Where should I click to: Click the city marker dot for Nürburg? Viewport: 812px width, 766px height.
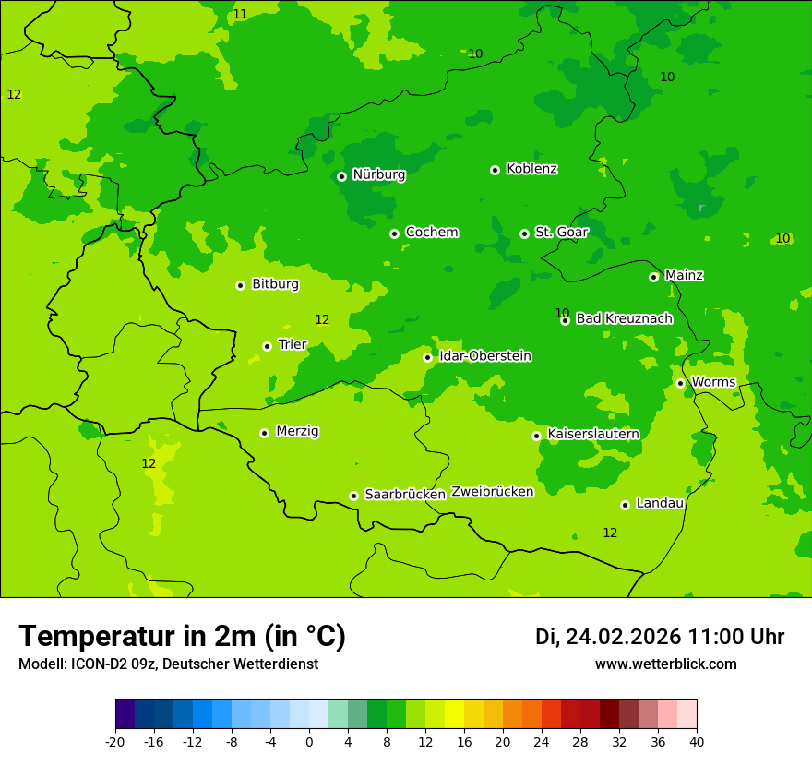point(341,176)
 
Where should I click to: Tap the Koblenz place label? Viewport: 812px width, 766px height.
point(531,169)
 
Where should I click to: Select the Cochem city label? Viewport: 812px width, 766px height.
point(431,233)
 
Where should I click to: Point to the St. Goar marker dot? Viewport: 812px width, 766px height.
point(524,233)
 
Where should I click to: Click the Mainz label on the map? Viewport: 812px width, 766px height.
point(684,275)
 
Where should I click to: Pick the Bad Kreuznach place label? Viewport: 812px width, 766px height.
point(624,318)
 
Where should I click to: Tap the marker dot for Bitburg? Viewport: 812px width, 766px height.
point(240,285)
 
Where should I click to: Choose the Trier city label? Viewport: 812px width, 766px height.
point(292,344)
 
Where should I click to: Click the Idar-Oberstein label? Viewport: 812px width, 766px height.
point(484,356)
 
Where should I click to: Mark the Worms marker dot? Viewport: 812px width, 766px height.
point(680,383)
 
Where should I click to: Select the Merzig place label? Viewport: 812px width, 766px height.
point(297,431)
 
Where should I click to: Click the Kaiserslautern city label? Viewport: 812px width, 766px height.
point(592,434)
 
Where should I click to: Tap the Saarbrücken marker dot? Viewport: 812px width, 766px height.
point(353,496)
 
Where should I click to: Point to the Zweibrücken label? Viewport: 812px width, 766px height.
point(492,492)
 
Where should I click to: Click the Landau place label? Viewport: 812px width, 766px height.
point(660,503)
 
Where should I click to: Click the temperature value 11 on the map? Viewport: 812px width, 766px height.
point(240,14)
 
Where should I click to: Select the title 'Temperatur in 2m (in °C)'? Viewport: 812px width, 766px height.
point(182,637)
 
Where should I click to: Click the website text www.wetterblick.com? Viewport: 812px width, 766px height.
point(665,664)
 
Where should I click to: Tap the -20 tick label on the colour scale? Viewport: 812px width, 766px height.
point(115,741)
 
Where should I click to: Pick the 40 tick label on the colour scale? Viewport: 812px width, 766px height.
point(697,741)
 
